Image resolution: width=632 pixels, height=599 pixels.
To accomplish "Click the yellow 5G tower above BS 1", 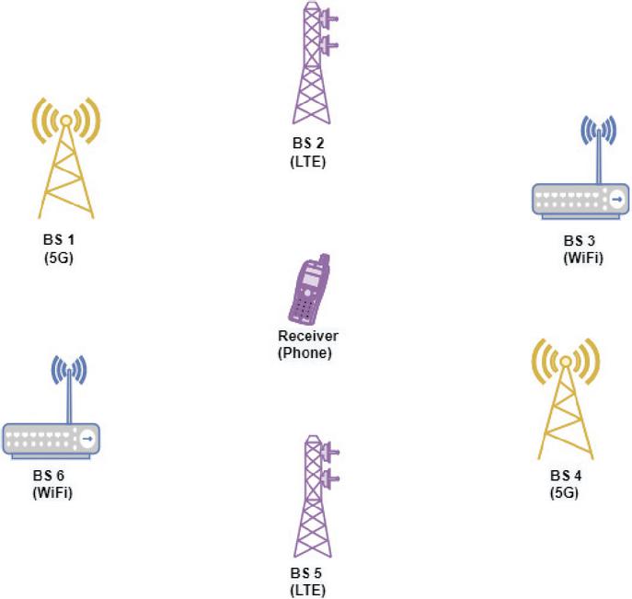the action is pos(66,161).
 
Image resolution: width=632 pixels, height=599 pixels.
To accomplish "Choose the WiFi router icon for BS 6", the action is pos(52,407).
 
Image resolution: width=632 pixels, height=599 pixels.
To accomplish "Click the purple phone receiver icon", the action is pos(309,289).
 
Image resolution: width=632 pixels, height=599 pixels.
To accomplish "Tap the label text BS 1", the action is pos(59,239).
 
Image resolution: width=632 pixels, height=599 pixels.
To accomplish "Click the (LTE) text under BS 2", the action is pos(307,162).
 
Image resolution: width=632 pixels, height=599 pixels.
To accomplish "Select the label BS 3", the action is pos(580,241).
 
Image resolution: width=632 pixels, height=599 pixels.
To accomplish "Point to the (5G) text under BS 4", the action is pos(564,492).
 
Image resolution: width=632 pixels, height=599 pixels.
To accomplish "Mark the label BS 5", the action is pos(306,573).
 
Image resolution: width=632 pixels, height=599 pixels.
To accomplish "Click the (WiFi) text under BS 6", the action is pos(52,492).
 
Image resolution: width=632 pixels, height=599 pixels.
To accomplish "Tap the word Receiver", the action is pos(308,336).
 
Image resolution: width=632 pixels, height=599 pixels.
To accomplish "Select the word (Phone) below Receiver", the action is pos(305,352).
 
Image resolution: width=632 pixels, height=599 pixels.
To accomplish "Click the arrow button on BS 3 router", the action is pos(616,199).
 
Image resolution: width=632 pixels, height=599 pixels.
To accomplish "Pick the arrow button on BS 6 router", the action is pos(87,439).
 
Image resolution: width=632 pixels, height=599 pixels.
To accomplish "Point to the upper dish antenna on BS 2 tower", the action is pos(329,18).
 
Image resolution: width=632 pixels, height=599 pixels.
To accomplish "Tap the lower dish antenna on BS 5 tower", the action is pos(330,478).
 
